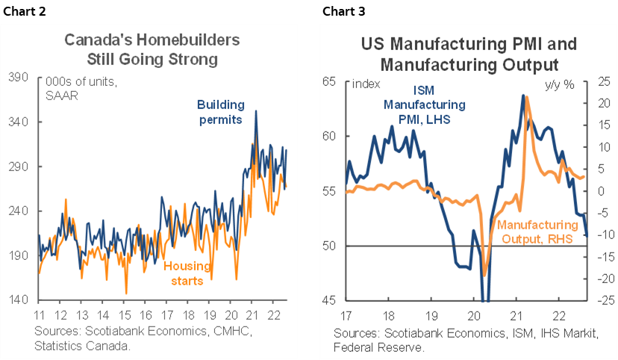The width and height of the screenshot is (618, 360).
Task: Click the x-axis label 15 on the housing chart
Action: pos(126,314)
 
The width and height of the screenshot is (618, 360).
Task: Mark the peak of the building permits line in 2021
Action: pos(257,111)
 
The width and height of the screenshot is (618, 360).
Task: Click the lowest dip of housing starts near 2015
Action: pos(126,293)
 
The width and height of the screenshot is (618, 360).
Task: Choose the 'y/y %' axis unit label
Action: pos(558,84)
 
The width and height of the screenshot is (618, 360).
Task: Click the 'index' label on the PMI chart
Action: pos(366,84)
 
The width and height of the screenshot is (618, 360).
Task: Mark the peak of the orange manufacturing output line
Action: pos(528,97)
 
